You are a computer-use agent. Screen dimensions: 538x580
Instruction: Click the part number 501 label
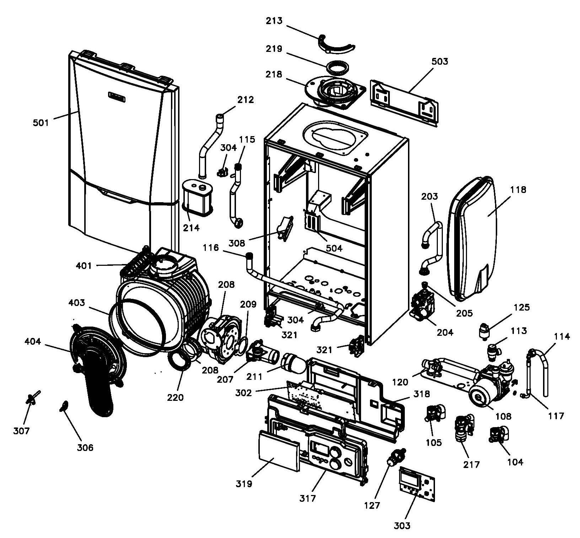point(41,123)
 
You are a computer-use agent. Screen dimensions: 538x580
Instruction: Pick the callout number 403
point(77,303)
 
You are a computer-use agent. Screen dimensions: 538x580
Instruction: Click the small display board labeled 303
point(417,485)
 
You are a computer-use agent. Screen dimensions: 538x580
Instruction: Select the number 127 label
point(372,505)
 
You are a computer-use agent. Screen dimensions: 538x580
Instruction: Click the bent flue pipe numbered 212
point(212,144)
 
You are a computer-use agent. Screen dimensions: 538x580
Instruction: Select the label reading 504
point(334,248)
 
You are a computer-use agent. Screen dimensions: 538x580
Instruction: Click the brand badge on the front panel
point(117,96)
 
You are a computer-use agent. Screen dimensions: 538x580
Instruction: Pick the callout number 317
point(307,498)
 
